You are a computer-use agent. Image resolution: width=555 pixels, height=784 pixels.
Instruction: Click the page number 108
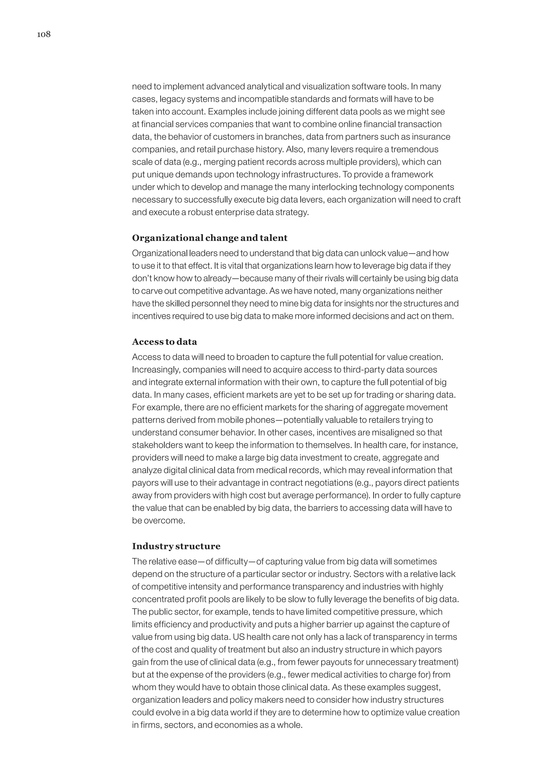pos(44,34)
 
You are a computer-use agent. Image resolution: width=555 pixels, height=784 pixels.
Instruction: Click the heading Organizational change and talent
pos(209,238)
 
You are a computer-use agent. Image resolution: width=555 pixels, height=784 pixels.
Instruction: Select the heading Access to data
pos(164,342)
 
